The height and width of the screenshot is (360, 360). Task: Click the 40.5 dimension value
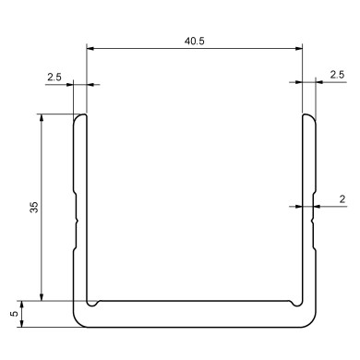[194, 42]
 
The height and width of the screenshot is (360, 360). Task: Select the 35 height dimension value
[34, 207]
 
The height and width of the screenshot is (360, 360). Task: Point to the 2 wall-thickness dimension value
[342, 198]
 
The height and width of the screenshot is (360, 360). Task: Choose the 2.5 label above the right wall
[336, 75]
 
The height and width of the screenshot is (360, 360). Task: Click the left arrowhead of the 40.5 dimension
[90, 50]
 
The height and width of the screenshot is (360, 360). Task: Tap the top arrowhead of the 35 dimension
[42, 118]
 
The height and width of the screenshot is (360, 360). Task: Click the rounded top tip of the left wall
[80, 116]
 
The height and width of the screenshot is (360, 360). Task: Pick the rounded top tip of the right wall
[308, 116]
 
